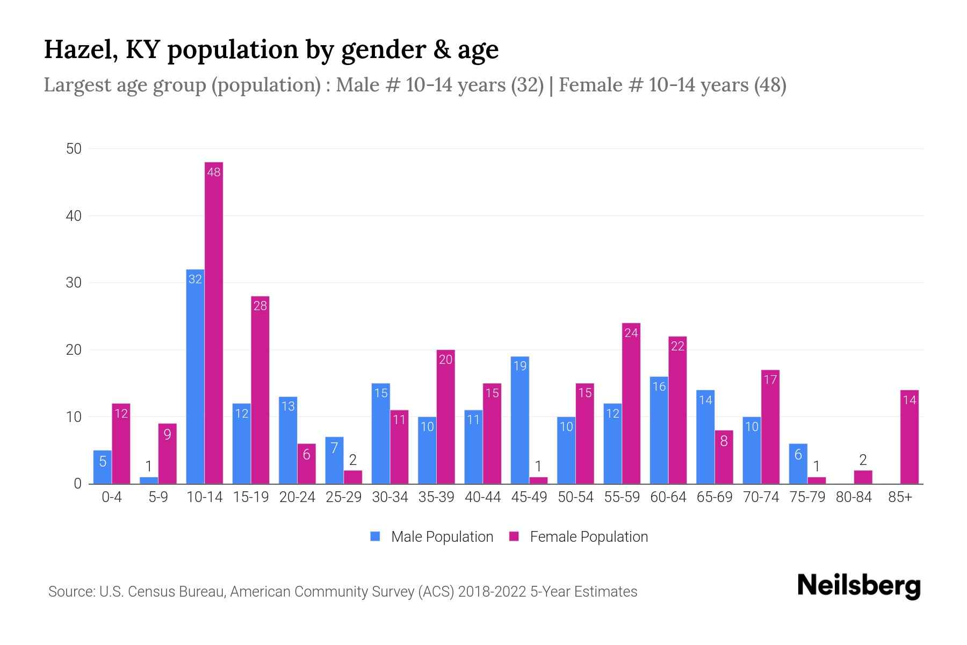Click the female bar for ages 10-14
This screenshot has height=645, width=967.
(214, 322)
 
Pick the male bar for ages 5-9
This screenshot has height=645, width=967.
(149, 481)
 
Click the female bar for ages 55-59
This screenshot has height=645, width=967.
(631, 403)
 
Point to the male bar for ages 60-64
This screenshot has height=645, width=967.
(659, 430)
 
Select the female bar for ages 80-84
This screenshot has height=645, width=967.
(863, 477)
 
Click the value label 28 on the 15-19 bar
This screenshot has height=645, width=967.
(260, 306)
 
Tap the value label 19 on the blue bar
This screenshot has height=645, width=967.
(519, 366)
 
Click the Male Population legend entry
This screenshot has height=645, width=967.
(432, 537)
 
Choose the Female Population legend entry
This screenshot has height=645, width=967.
(579, 537)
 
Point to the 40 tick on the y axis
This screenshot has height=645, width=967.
(74, 216)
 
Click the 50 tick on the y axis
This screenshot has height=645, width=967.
(74, 149)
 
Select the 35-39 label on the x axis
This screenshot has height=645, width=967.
(436, 497)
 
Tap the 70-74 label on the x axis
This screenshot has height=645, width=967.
(761, 497)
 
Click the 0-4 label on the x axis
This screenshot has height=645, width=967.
(112, 497)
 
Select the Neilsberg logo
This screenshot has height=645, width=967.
(858, 586)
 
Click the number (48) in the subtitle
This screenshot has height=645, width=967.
(770, 85)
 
